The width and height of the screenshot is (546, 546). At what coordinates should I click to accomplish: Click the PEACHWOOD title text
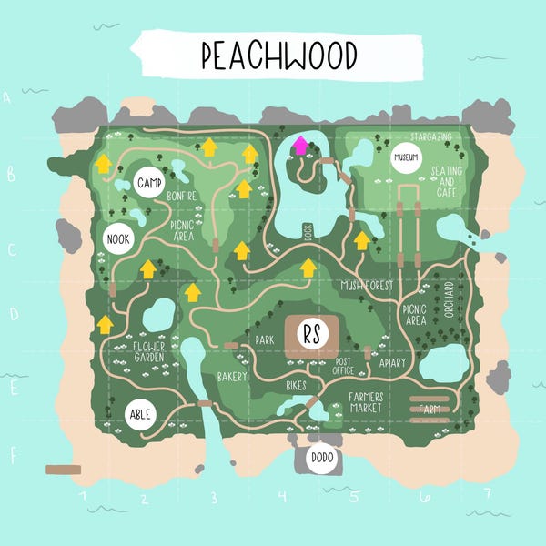(x=278, y=56)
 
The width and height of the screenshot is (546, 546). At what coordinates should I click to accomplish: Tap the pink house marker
(x=299, y=146)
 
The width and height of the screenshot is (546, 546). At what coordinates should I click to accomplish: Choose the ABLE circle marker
(x=139, y=413)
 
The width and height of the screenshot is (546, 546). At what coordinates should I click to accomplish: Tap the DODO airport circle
(x=320, y=459)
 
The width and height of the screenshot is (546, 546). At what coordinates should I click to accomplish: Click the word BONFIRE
(x=183, y=195)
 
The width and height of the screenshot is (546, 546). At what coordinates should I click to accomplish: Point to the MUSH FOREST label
(x=367, y=286)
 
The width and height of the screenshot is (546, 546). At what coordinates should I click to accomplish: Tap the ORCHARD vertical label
(x=449, y=299)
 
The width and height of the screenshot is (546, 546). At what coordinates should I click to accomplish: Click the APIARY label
(x=392, y=362)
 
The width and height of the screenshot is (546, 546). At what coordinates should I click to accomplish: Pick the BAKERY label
(x=231, y=376)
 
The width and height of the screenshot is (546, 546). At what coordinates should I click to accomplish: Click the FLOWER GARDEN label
(x=149, y=351)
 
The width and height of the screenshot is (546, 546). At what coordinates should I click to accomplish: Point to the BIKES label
(x=297, y=386)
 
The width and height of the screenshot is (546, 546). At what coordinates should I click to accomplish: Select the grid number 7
(x=488, y=495)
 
